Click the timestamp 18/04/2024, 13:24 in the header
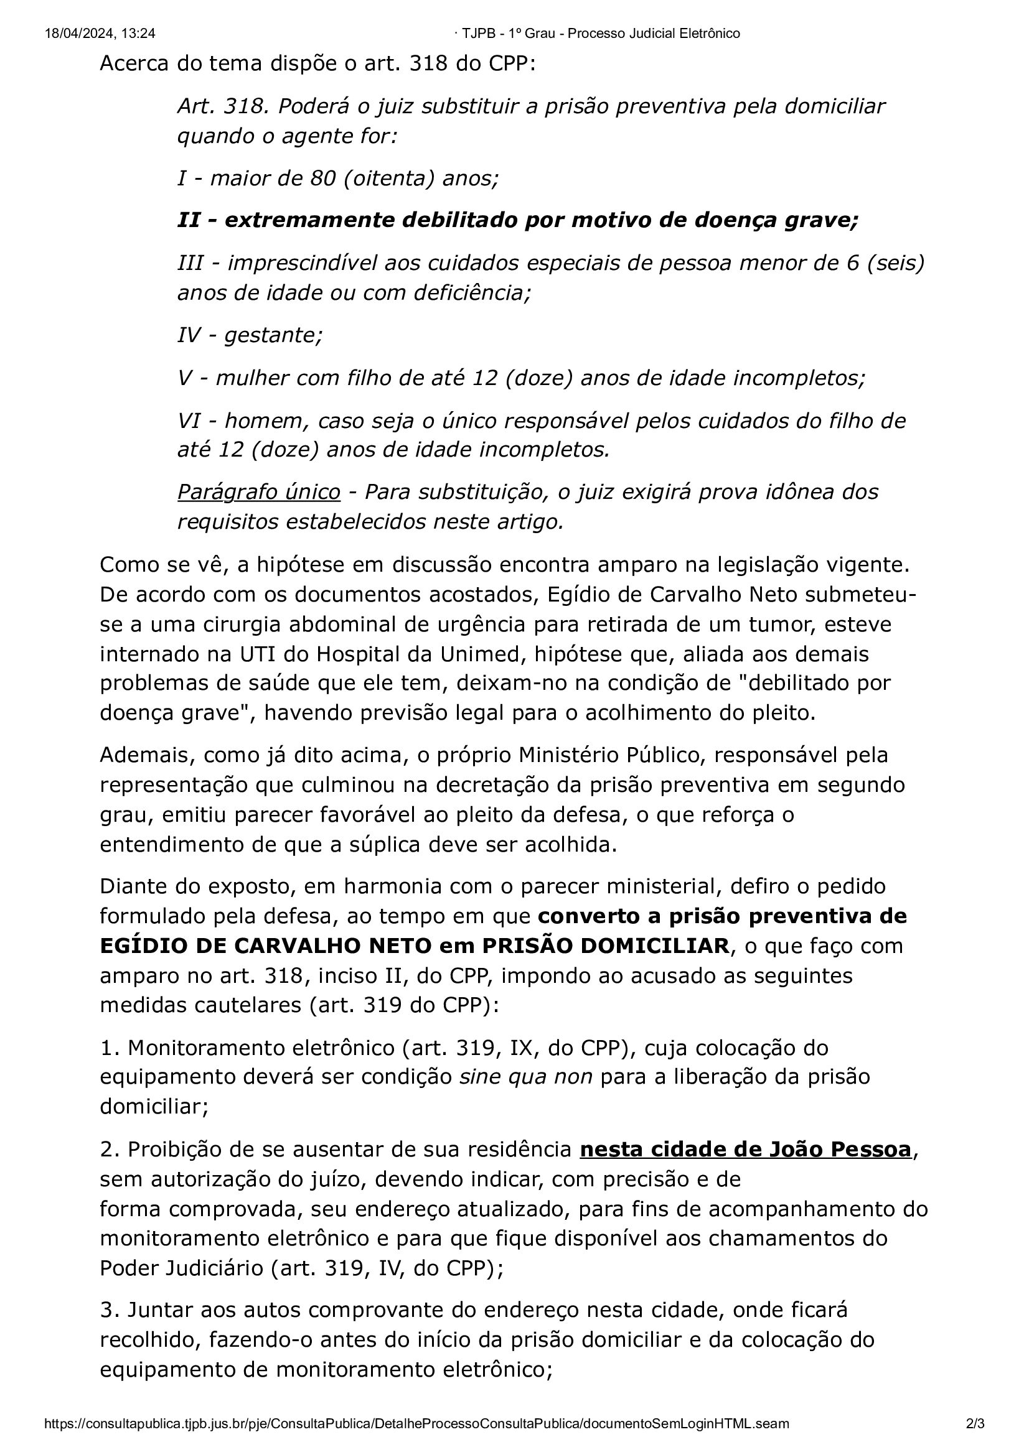pyautogui.click(x=100, y=34)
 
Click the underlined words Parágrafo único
pyautogui.click(x=259, y=492)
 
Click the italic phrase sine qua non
pyautogui.click(x=525, y=1077)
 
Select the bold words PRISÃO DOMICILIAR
pyautogui.click(x=605, y=946)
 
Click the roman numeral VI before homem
pyautogui.click(x=188, y=420)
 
